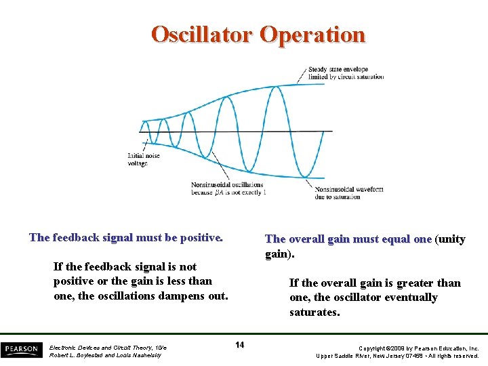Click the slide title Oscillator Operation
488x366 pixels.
point(258,34)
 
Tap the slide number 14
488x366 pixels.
point(239,346)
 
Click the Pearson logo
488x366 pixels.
point(21,350)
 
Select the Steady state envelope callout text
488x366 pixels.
point(346,73)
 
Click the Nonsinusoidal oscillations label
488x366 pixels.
point(227,188)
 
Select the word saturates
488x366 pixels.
point(314,312)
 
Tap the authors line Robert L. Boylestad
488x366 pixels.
point(105,355)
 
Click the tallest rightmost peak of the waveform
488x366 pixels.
point(274,87)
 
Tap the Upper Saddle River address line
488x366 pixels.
point(398,355)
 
